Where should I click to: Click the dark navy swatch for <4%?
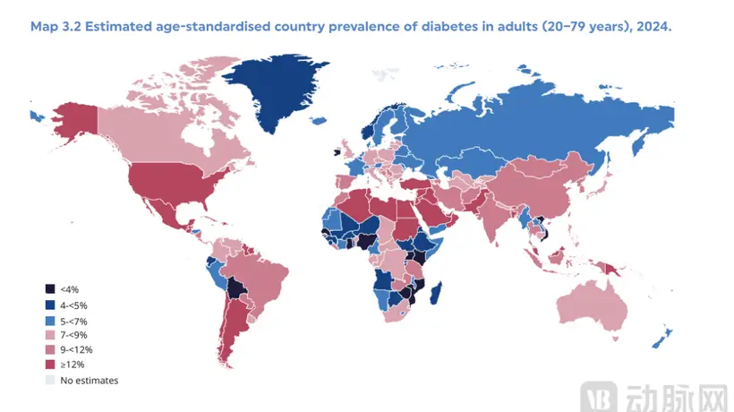pyautogui.click(x=50, y=289)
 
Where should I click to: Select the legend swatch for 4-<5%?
pyautogui.click(x=50, y=305)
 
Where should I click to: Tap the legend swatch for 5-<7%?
pyautogui.click(x=50, y=322)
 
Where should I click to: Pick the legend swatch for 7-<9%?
pyautogui.click(x=50, y=335)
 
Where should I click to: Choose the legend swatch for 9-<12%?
pyautogui.click(x=50, y=349)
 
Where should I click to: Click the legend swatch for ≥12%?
pyautogui.click(x=50, y=365)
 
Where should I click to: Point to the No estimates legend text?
pyautogui.click(x=89, y=380)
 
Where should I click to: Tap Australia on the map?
pyautogui.click(x=593, y=306)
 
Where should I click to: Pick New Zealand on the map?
pyautogui.click(x=661, y=339)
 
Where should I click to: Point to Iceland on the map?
pyautogui.click(x=319, y=121)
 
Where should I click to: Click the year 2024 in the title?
pyautogui.click(x=653, y=26)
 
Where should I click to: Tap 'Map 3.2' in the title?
pyautogui.click(x=55, y=26)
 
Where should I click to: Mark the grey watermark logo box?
pyautogui.click(x=599, y=398)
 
